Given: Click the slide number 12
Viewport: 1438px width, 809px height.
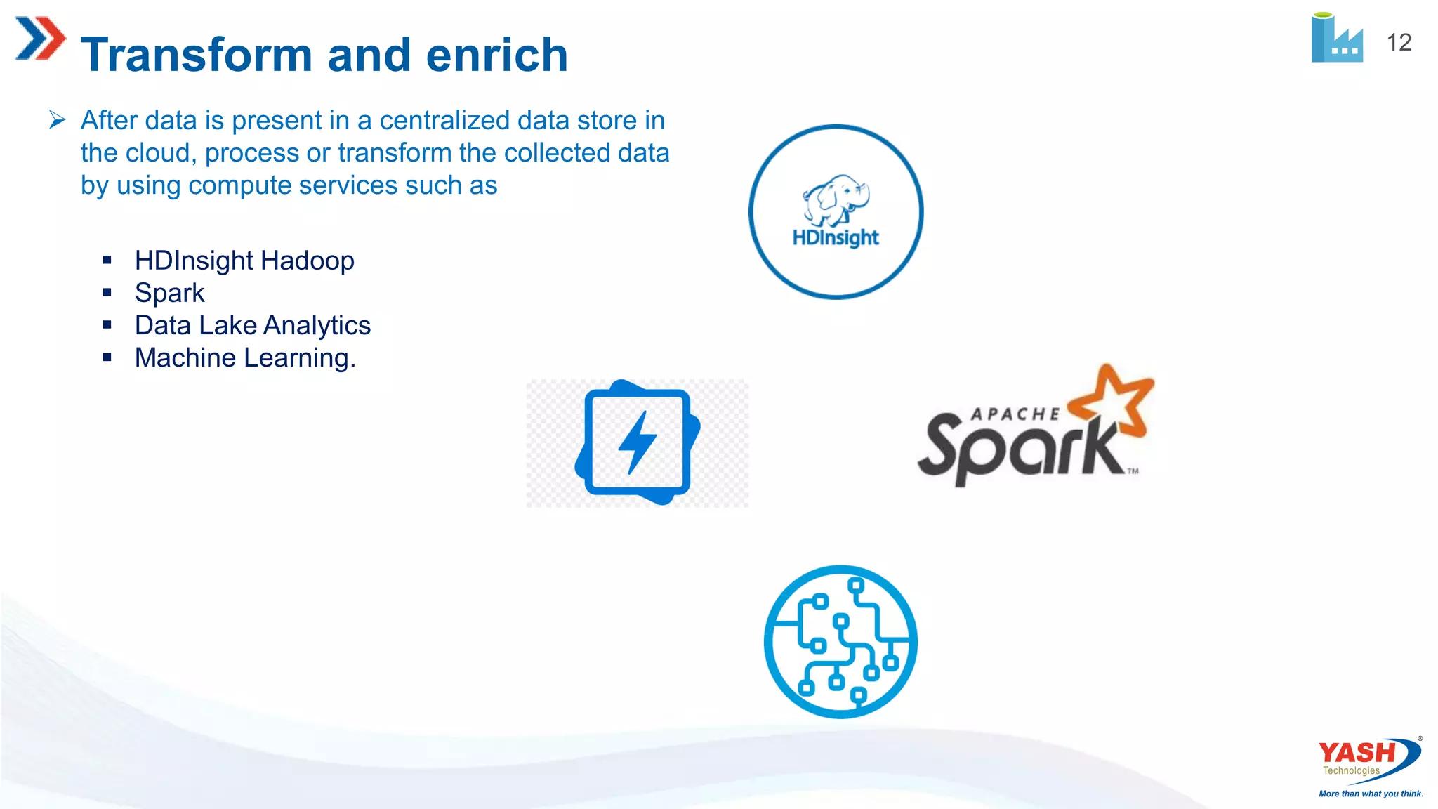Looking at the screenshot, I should point(1399,43).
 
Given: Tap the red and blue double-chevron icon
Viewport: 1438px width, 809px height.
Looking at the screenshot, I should point(40,39).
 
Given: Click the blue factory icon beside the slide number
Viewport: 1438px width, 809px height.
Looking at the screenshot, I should point(1336,39).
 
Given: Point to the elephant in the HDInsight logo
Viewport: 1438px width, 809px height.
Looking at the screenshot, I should point(836,200).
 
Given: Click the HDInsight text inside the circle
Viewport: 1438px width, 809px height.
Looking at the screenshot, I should point(836,237).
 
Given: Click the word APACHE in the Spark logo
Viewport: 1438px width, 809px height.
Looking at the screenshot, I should point(1015,414).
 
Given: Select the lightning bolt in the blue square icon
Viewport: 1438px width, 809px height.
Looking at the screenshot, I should point(637,442).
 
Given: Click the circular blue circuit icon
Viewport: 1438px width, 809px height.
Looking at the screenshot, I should point(840,642).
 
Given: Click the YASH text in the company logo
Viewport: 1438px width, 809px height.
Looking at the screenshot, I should point(1357,753).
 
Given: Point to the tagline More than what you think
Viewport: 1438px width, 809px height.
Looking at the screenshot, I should point(1371,794).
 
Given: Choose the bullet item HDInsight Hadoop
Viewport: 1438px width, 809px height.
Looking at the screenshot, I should point(244,261).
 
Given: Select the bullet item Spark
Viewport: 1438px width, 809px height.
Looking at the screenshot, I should point(169,293).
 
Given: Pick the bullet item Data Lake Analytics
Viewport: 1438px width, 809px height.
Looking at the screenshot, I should point(252,325).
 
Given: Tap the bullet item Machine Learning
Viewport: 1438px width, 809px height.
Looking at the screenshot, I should point(245,358).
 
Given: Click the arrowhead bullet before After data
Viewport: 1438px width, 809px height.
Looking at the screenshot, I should point(58,120).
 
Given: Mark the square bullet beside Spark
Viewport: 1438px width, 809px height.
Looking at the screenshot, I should point(107,293).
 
